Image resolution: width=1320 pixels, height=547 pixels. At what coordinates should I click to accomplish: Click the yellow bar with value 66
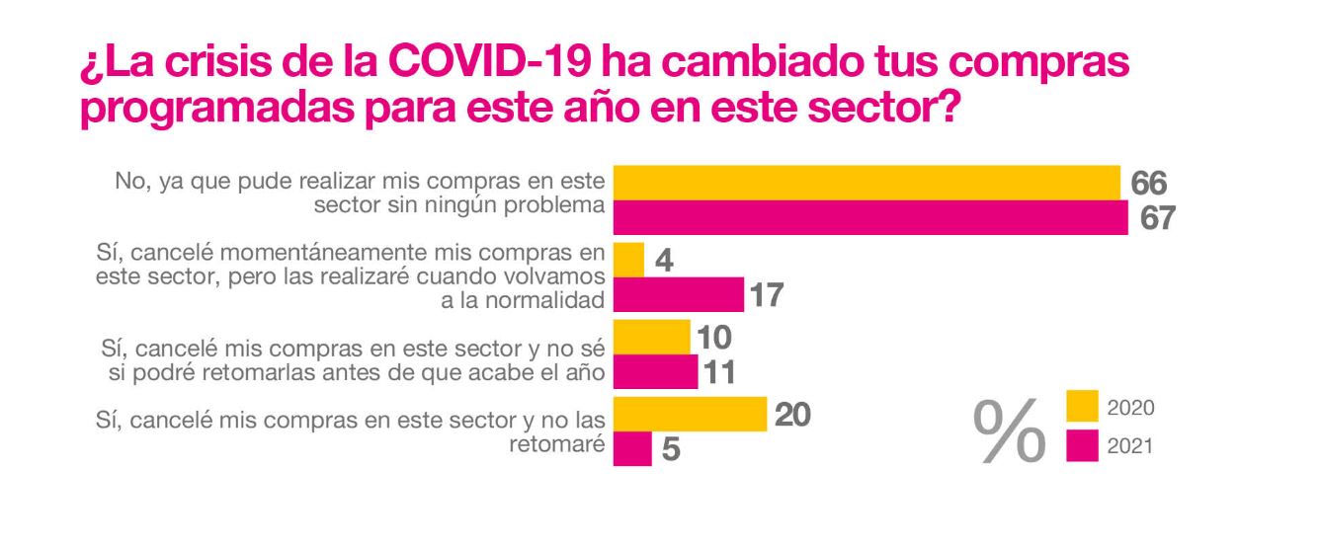[x=866, y=182]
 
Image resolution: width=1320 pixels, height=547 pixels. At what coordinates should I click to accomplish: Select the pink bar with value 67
[x=870, y=217]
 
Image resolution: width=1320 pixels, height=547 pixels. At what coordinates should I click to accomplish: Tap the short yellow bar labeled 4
[x=629, y=259]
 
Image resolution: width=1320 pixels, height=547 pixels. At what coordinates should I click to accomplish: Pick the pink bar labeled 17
[x=678, y=294]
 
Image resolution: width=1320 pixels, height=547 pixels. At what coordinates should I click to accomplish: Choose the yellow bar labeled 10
[x=651, y=336]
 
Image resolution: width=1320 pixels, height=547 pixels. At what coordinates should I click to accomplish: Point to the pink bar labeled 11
[x=655, y=371]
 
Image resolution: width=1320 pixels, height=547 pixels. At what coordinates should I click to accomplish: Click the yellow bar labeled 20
[x=690, y=414]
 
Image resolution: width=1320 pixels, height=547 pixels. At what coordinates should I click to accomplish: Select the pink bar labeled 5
[x=632, y=448]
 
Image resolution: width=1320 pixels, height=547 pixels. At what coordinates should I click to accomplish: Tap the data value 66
[x=1149, y=183]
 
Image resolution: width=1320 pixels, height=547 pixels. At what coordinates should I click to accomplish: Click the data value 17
[x=767, y=295]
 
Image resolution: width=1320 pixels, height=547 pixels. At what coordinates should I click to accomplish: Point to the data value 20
[x=791, y=415]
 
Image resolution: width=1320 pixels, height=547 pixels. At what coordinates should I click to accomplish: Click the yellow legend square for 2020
[x=1084, y=407]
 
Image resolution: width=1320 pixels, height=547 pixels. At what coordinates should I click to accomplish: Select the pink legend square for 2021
[x=1084, y=446]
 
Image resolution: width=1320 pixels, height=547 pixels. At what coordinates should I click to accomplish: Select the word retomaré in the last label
[x=556, y=444]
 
